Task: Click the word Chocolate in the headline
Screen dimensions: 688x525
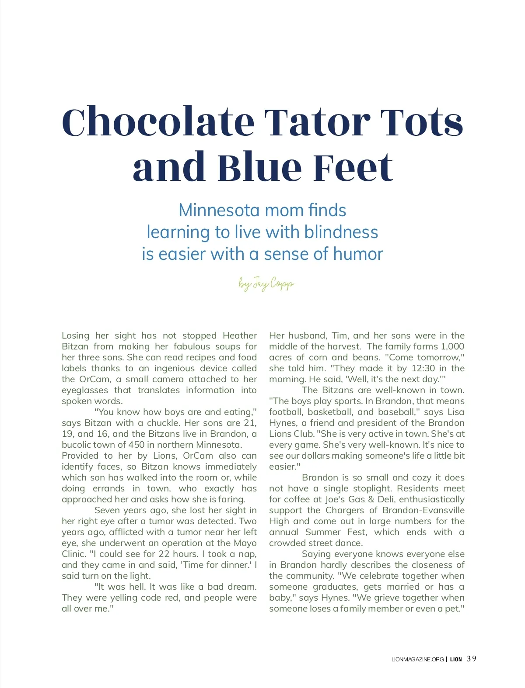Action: click(x=158, y=122)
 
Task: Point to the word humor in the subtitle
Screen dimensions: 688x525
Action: click(x=358, y=254)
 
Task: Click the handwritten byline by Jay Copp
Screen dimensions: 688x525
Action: click(x=266, y=284)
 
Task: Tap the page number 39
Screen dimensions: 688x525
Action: click(x=472, y=659)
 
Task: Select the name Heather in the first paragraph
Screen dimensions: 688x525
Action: click(x=239, y=335)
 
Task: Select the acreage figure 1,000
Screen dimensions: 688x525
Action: click(x=452, y=346)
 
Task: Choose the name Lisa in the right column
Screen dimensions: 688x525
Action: click(x=455, y=412)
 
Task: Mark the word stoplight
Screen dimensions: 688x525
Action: click(x=363, y=488)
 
